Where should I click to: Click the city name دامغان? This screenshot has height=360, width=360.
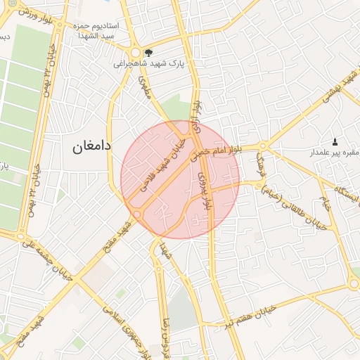coord(91,146)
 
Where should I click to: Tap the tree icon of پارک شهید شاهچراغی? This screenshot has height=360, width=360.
coord(148,52)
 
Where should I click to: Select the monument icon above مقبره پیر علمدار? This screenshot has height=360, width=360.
coord(334,141)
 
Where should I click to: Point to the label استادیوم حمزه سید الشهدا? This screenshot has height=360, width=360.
coord(96,30)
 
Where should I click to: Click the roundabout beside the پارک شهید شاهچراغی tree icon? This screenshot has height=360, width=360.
coord(135,53)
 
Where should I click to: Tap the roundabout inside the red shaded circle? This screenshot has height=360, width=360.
coord(137,214)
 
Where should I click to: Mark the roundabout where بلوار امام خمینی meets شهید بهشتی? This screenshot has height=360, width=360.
coord(263,147)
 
